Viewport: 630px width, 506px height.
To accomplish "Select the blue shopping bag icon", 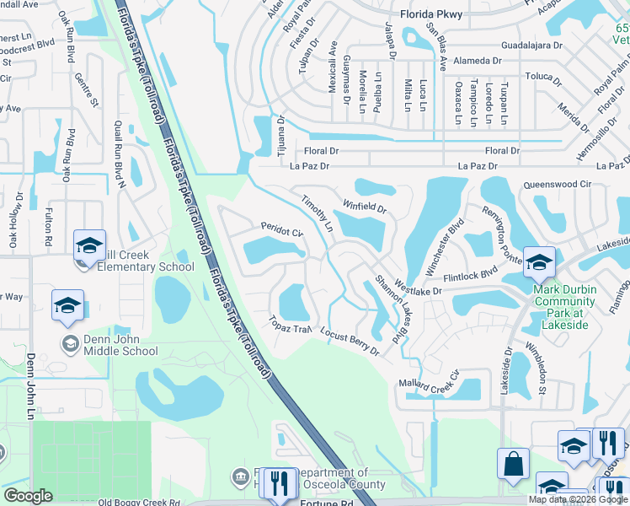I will click(x=513, y=465).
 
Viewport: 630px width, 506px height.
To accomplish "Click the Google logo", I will click(x=29, y=496).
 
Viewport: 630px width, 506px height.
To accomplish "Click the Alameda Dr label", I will click(x=476, y=61).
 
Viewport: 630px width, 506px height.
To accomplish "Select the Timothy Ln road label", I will click(x=318, y=213).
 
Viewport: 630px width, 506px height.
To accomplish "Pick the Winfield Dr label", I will click(x=364, y=206).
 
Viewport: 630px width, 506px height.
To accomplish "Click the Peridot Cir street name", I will click(x=281, y=230).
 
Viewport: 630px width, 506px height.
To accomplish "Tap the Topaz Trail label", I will click(x=291, y=324).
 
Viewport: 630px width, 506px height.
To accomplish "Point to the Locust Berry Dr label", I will click(x=350, y=341).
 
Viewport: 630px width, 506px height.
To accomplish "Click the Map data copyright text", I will click(x=577, y=499).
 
